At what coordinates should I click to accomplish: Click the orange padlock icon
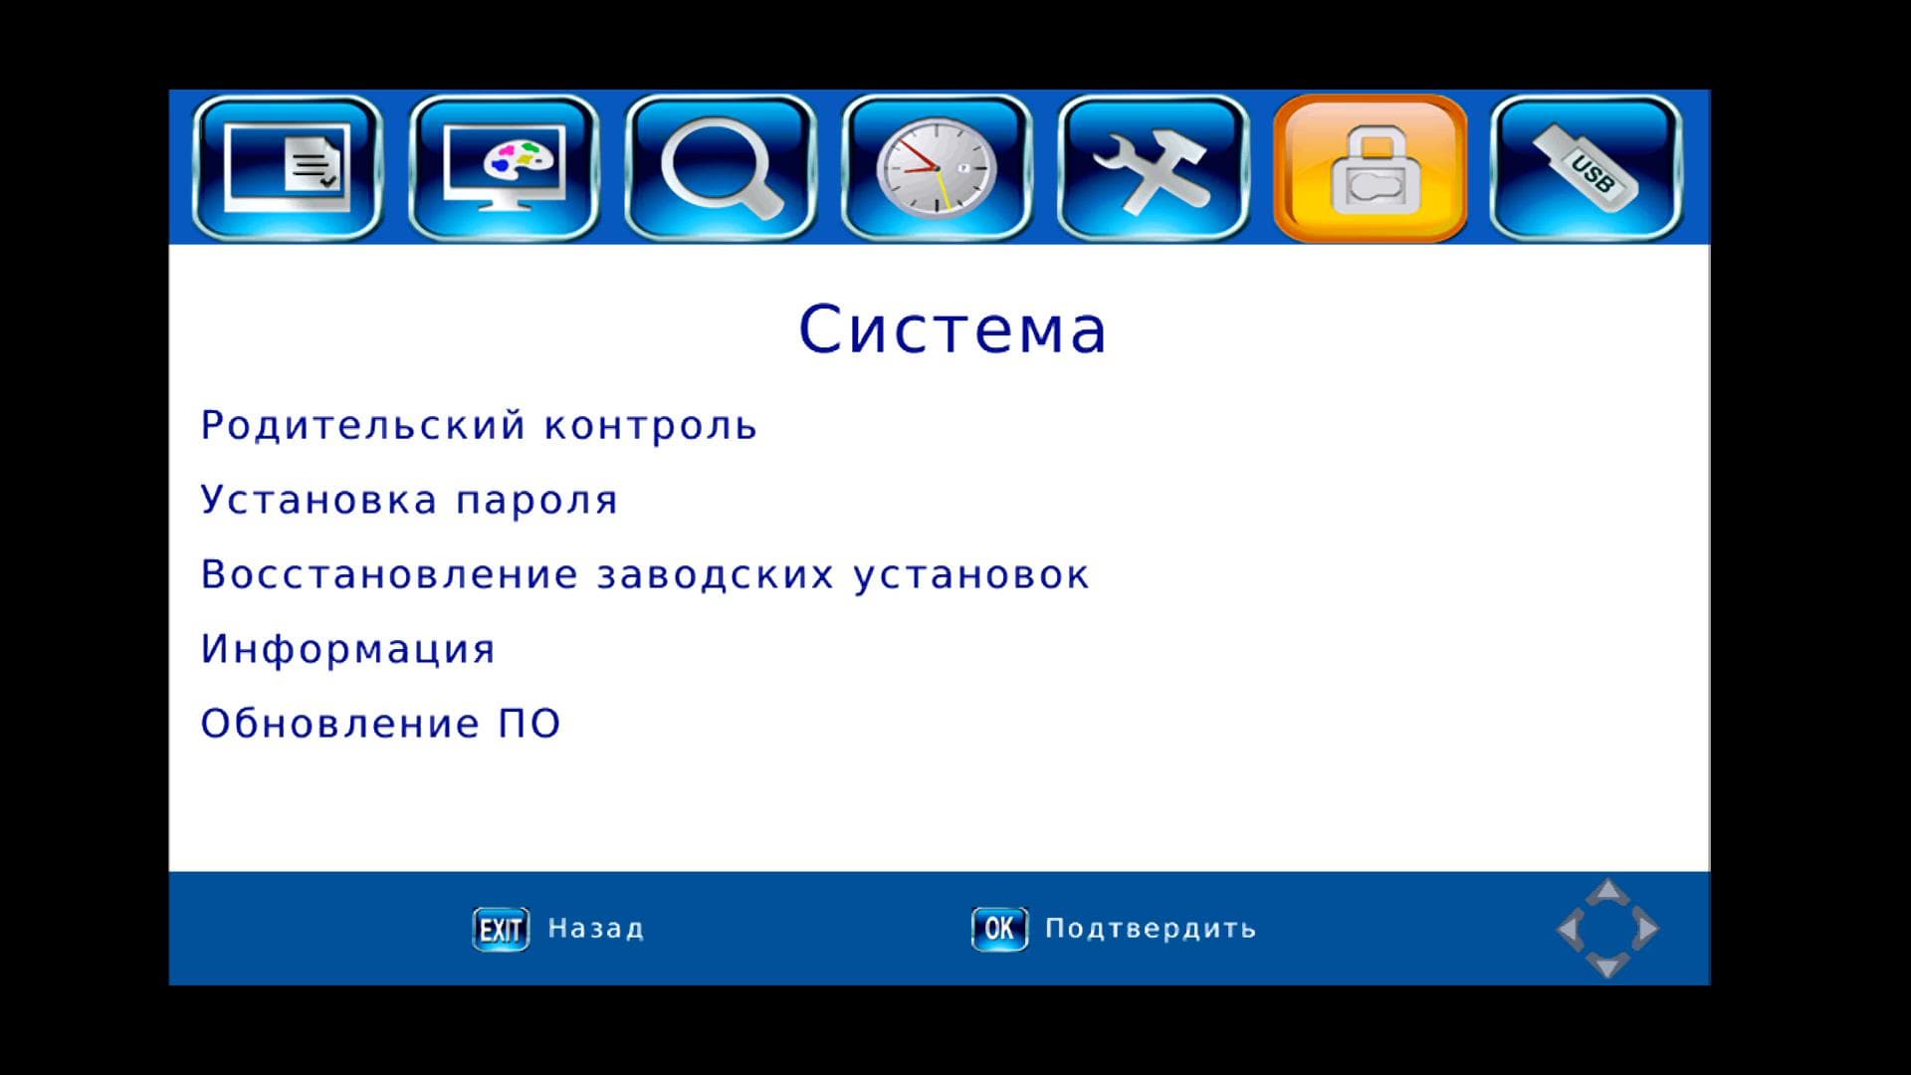coord(1370,168)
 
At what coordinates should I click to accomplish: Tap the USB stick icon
coord(1586,168)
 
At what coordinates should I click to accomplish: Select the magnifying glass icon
coord(721,168)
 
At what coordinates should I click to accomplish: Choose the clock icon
coord(937,168)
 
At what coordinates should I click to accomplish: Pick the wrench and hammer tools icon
coord(1153,168)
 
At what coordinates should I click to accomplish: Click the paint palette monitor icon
coord(504,168)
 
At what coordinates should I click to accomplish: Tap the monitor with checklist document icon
coord(288,168)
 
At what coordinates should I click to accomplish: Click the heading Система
coord(953,329)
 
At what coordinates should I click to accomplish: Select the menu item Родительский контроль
coord(479,426)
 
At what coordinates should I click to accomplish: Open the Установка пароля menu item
coord(409,500)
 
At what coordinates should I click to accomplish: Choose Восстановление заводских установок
coord(645,574)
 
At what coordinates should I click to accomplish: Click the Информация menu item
coord(348,650)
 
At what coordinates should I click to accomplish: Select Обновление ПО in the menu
coord(381,724)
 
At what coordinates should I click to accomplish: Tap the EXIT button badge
coord(501,930)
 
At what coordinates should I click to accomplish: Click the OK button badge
coord(999,930)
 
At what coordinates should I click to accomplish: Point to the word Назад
coord(596,929)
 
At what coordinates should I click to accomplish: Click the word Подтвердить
coord(1151,929)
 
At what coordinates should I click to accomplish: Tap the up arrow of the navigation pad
coord(1607,892)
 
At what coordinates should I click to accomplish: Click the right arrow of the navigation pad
coord(1645,929)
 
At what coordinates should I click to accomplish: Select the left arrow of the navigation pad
coord(1570,929)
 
